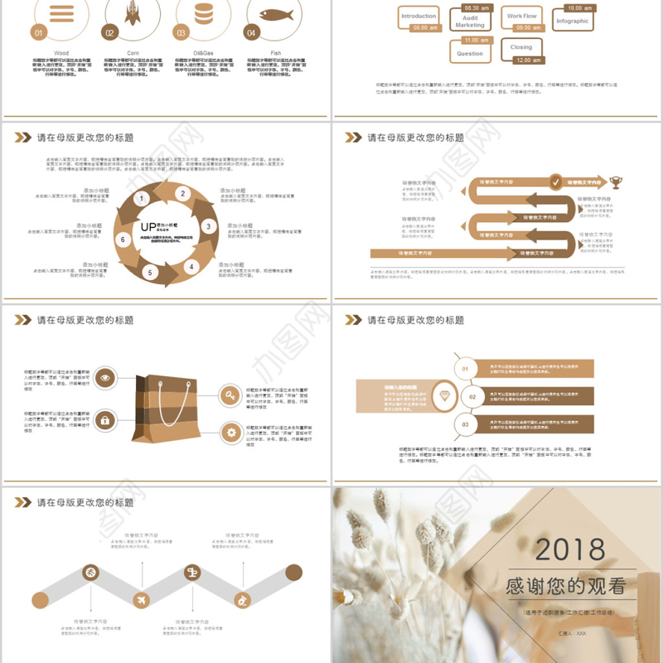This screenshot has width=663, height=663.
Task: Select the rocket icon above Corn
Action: coord(131,12)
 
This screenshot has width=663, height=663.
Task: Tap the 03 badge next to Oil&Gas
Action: coord(180,33)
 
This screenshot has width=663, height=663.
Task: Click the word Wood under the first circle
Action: coord(61,53)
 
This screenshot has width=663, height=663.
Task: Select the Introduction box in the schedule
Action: coord(419,17)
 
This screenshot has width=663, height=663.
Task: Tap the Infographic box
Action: coord(573,22)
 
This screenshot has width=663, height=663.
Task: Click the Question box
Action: coord(470,53)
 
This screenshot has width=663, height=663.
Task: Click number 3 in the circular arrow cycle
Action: coord(208,226)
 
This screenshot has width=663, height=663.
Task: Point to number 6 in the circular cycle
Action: coord(123,240)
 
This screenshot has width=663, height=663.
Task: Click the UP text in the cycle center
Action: coord(148,226)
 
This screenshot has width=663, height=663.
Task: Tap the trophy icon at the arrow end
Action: coord(616,181)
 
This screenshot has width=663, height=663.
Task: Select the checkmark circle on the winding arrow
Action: coord(556,181)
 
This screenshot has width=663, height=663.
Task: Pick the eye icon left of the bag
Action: coord(105,379)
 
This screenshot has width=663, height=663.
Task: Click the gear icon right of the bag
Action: coord(231,431)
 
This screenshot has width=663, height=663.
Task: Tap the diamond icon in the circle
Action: coord(448,397)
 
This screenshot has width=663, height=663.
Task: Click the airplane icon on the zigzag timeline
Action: coord(141,599)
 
